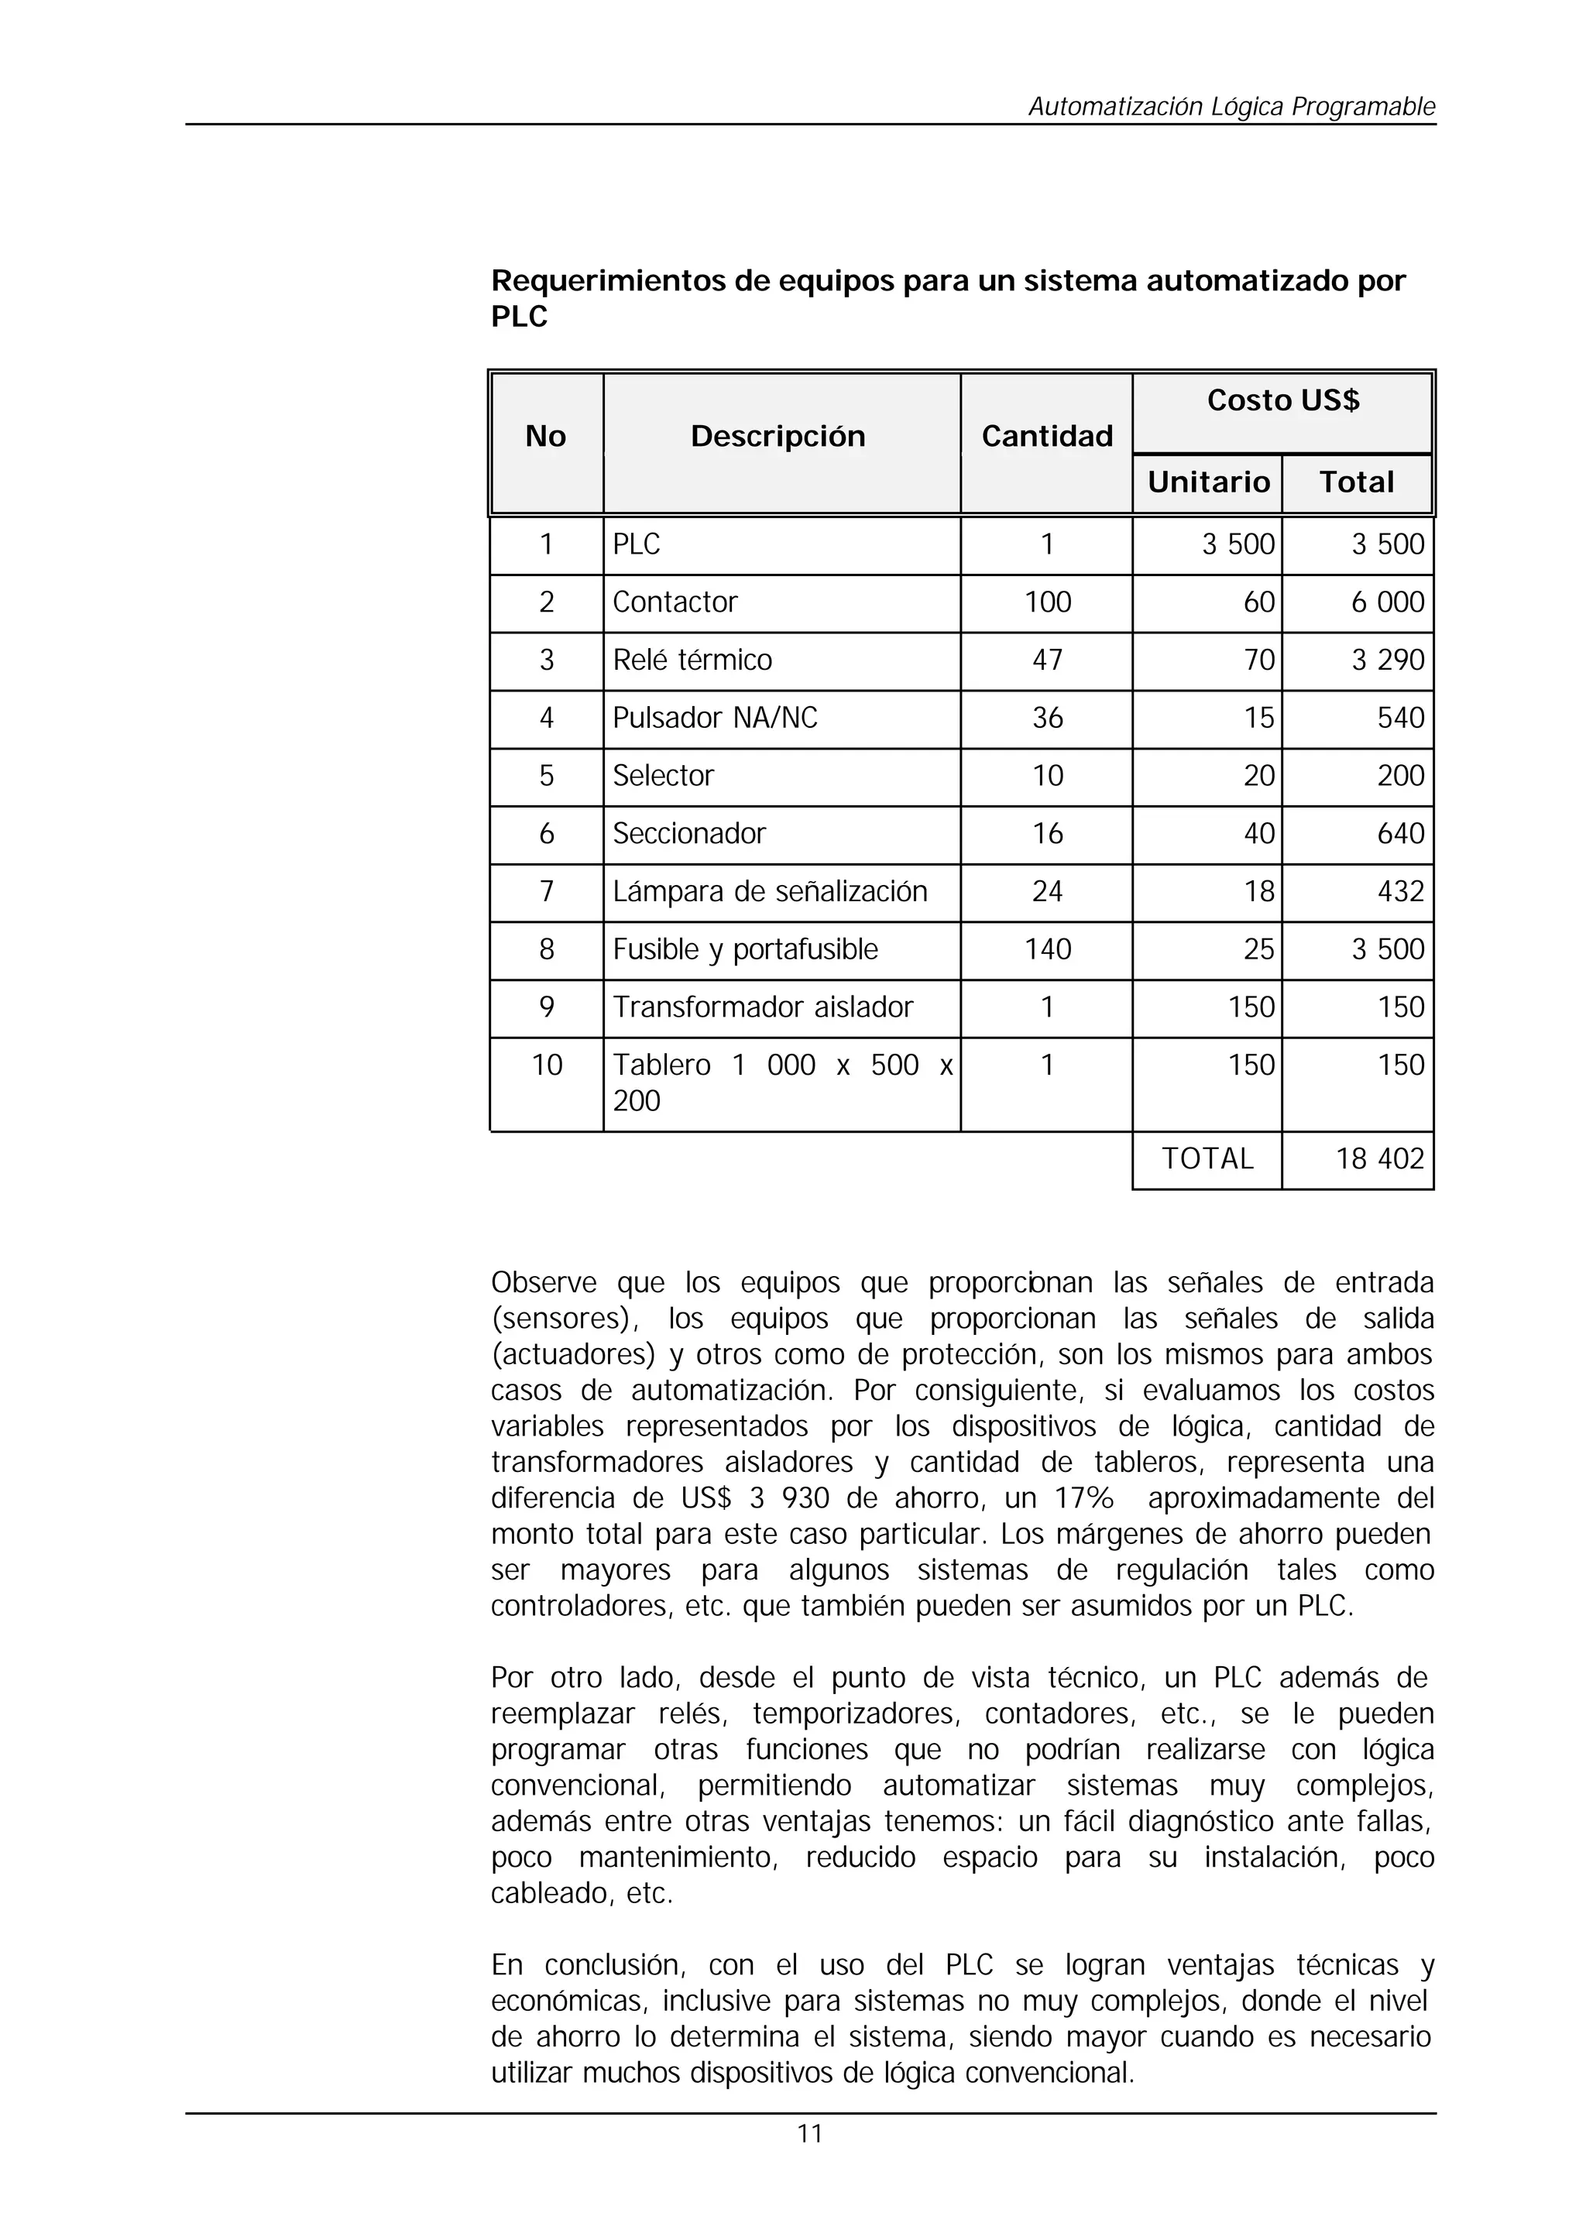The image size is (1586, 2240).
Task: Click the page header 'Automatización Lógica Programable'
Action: pyautogui.click(x=1231, y=106)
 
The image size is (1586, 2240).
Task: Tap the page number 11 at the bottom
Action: pyautogui.click(x=809, y=2134)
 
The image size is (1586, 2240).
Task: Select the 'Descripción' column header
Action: pyautogui.click(x=778, y=437)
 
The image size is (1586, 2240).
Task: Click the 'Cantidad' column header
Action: pyautogui.click(x=1046, y=437)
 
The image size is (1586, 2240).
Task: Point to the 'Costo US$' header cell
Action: pyautogui.click(x=1282, y=400)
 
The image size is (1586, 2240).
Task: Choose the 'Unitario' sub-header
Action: pyautogui.click(x=1208, y=482)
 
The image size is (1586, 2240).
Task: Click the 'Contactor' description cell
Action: pyautogui.click(x=675, y=602)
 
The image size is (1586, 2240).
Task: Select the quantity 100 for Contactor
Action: pyautogui.click(x=1047, y=602)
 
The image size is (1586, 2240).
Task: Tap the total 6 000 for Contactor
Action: pyautogui.click(x=1387, y=602)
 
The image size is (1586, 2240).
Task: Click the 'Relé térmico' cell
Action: pyautogui.click(x=692, y=660)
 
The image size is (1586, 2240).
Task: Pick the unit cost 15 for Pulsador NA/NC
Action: pyautogui.click(x=1259, y=719)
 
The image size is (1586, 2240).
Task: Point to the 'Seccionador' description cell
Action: pyautogui.click(x=688, y=834)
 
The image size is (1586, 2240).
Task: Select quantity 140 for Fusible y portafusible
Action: pyautogui.click(x=1047, y=949)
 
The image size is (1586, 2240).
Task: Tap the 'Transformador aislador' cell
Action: pyautogui.click(x=762, y=1007)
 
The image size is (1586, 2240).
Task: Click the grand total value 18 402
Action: pyautogui.click(x=1379, y=1159)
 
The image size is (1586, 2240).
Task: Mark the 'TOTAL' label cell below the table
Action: pyautogui.click(x=1207, y=1159)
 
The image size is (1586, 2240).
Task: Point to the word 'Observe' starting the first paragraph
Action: pyautogui.click(x=543, y=1283)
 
